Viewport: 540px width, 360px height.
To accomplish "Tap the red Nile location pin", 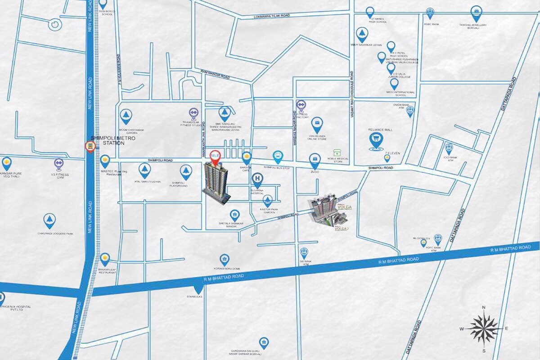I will (216, 156).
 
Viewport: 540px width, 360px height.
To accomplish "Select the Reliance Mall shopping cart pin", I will (376, 140).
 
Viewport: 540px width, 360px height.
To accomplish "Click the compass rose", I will (484, 328).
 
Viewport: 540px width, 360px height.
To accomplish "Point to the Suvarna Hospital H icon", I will (257, 179).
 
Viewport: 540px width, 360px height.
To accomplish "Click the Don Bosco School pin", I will (103, 4).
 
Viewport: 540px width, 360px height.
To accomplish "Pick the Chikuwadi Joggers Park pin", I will (49, 220).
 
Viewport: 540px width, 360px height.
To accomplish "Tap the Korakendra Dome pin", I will (224, 259).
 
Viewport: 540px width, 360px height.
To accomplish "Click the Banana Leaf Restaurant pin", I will (105, 259).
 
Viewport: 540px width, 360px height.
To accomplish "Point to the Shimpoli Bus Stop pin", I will (278, 157).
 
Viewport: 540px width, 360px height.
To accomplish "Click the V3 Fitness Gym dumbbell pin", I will (58, 163).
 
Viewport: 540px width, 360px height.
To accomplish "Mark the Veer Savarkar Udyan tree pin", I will (362, 34).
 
